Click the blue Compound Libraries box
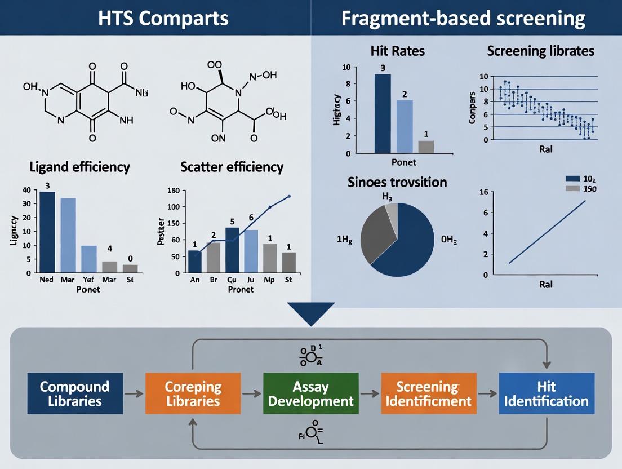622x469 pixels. click(75, 393)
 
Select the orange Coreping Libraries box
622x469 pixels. click(193, 393)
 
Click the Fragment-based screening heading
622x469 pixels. click(463, 18)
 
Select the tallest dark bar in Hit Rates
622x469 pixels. click(383, 113)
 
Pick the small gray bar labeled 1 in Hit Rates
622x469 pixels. click(426, 147)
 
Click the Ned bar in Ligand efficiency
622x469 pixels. click(47, 232)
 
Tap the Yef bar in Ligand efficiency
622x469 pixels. click(89, 259)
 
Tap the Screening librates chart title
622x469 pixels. click(540, 51)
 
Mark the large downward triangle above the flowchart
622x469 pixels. click(310, 313)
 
